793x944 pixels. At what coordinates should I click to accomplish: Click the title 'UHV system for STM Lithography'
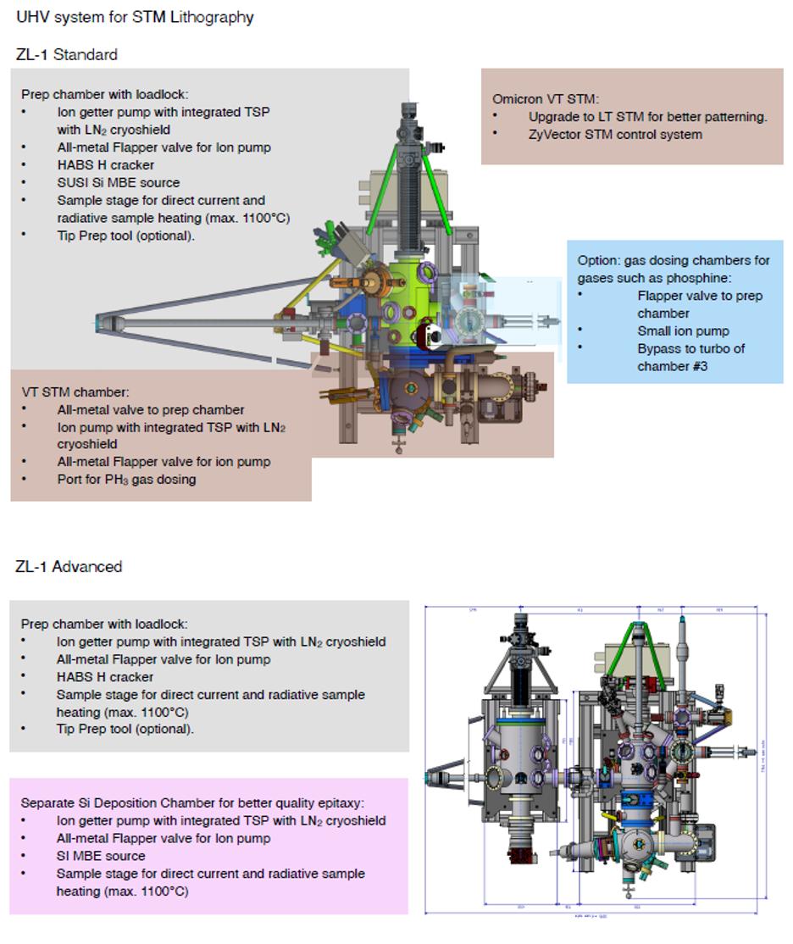point(135,17)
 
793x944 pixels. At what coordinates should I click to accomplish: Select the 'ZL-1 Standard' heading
point(67,55)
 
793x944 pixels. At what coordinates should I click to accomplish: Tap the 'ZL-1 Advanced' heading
point(69,567)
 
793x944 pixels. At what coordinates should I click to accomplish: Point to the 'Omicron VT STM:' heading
point(545,99)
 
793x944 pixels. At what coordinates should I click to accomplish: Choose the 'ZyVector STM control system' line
point(615,134)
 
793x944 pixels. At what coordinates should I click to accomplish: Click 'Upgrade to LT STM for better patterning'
point(647,117)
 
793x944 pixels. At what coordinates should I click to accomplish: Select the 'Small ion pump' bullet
point(683,330)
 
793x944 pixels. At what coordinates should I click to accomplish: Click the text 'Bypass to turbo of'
point(691,348)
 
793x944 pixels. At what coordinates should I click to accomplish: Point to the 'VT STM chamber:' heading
point(75,392)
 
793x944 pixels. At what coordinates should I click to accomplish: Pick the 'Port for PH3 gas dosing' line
point(126,480)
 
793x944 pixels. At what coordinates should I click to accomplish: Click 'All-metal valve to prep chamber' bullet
point(150,410)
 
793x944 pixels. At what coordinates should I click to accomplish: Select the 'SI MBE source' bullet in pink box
point(101,856)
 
